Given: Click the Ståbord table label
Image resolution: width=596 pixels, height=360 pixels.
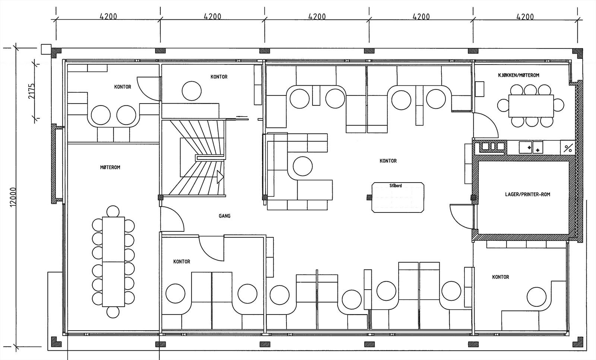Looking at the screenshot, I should (395, 186).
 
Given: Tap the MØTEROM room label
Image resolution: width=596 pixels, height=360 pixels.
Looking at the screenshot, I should (110, 168).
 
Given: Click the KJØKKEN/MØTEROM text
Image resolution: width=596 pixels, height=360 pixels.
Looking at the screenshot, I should (519, 75).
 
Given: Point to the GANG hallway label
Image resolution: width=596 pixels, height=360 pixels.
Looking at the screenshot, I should (225, 216).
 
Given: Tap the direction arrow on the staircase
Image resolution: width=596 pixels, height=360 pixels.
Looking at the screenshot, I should (220, 177).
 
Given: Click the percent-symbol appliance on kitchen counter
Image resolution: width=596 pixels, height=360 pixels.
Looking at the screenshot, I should (568, 148).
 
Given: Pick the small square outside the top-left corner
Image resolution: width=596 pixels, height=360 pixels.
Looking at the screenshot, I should (45, 49).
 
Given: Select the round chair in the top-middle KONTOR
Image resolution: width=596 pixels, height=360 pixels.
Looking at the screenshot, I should (192, 91).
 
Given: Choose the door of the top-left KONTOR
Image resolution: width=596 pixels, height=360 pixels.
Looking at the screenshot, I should (149, 88).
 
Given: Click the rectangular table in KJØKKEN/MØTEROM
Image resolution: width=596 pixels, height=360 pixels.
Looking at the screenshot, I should (531, 106).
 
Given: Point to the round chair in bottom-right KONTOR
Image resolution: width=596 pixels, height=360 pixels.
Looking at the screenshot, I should (537, 297).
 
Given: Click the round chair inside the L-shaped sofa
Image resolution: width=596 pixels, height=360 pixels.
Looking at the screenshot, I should (302, 166).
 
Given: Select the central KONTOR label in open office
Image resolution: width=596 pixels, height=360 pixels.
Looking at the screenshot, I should (388, 161).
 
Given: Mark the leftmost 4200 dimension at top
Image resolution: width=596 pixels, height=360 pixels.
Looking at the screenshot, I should (108, 17).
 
